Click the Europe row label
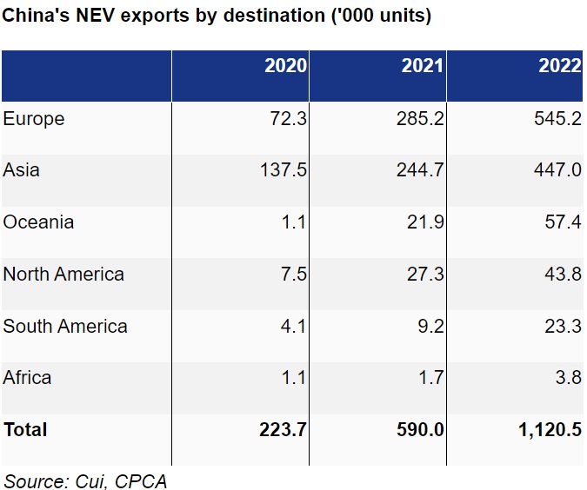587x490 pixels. coord(34,119)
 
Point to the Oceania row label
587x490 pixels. coord(38,222)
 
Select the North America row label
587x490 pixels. coord(63,275)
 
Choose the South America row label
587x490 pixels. coord(65,327)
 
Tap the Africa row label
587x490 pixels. coord(27,378)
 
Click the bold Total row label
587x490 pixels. coord(25,430)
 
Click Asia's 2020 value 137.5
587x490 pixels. coord(283,171)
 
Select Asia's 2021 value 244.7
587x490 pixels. coord(420,171)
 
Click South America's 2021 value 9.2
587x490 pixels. coord(430,327)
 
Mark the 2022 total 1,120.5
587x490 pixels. coord(550,430)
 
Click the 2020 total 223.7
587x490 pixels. coord(283,430)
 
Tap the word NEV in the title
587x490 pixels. coord(83,17)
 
